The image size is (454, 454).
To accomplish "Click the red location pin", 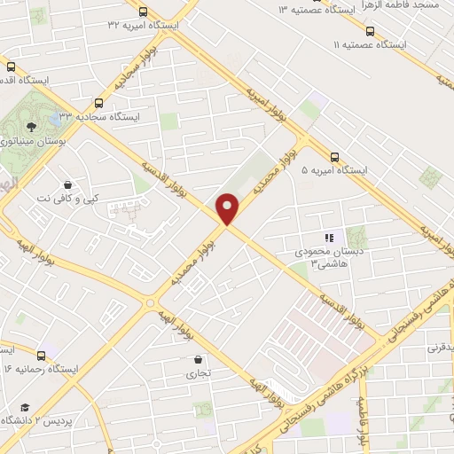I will [x=228, y=208].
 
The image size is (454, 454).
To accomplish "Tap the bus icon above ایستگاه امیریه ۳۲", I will [x=143, y=11].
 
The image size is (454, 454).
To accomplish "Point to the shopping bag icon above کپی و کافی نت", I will [x=68, y=184].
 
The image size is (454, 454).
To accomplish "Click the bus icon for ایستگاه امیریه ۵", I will [x=334, y=153].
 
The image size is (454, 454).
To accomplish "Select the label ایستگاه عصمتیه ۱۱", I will [x=369, y=43].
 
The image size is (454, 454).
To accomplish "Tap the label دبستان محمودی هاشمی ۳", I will [x=330, y=256].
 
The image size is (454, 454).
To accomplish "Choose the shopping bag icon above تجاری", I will [x=197, y=359].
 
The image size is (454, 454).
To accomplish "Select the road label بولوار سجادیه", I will [x=134, y=69].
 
